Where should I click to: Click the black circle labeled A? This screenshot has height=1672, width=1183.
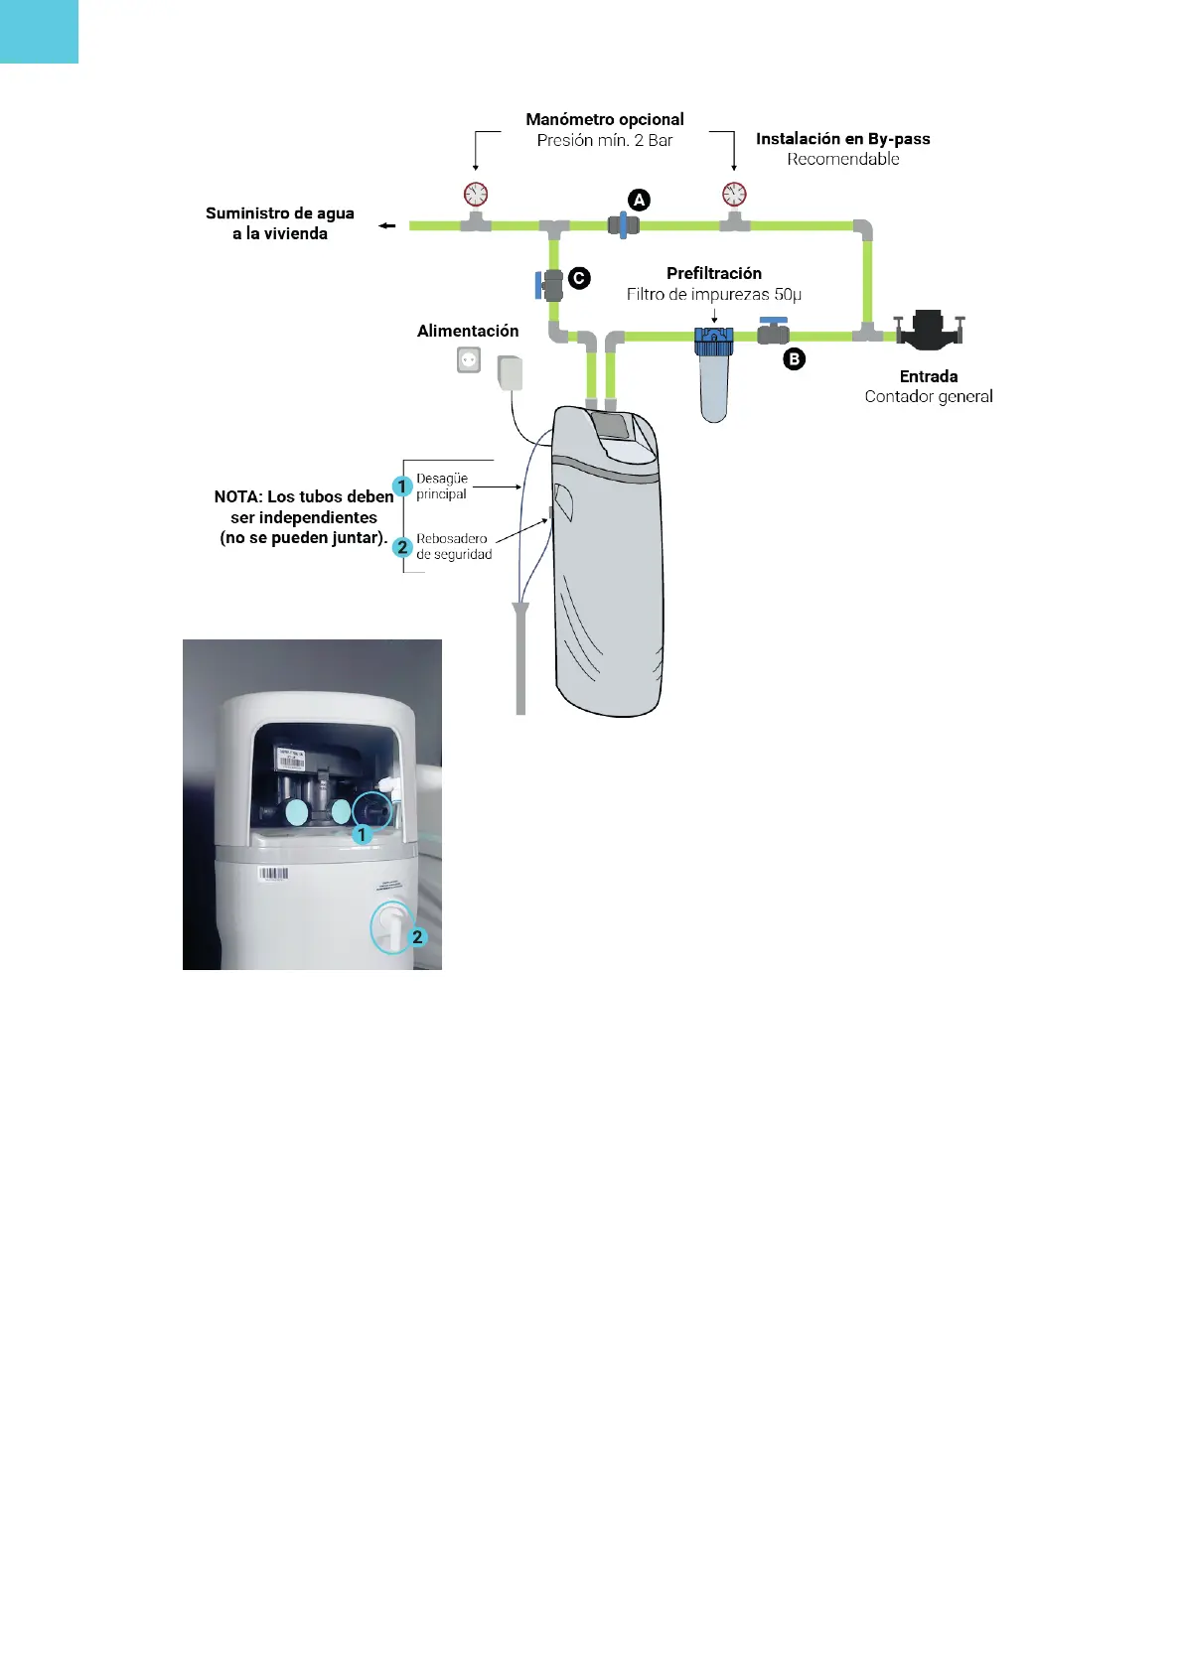pyautogui.click(x=640, y=201)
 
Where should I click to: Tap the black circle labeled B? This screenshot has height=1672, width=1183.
pyautogui.click(x=794, y=359)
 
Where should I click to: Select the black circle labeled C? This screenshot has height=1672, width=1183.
pyautogui.click(x=579, y=279)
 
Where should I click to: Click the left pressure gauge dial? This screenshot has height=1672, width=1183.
pyautogui.click(x=476, y=194)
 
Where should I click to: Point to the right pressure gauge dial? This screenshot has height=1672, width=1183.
pyautogui.click(x=734, y=194)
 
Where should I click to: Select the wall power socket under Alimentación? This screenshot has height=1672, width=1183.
pyautogui.click(x=469, y=359)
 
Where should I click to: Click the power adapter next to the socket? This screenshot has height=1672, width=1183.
pyautogui.click(x=510, y=373)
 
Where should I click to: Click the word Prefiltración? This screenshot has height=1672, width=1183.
pyautogui.click(x=714, y=273)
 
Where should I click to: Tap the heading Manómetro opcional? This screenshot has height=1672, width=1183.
pyautogui.click(x=605, y=119)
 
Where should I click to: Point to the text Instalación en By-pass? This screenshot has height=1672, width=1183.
pyautogui.click(x=842, y=139)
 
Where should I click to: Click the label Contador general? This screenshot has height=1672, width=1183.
pyautogui.click(x=929, y=396)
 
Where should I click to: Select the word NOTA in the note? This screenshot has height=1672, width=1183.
pyautogui.click(x=237, y=496)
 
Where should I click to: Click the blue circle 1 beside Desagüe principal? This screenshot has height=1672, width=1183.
pyautogui.click(x=402, y=487)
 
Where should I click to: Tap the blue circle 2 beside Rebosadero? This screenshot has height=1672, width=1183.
pyautogui.click(x=402, y=547)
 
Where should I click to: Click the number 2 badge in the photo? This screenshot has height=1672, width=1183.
pyautogui.click(x=417, y=937)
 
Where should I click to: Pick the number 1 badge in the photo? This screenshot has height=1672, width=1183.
pyautogui.click(x=363, y=835)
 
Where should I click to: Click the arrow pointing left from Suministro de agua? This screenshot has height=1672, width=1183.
pyautogui.click(x=387, y=226)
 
